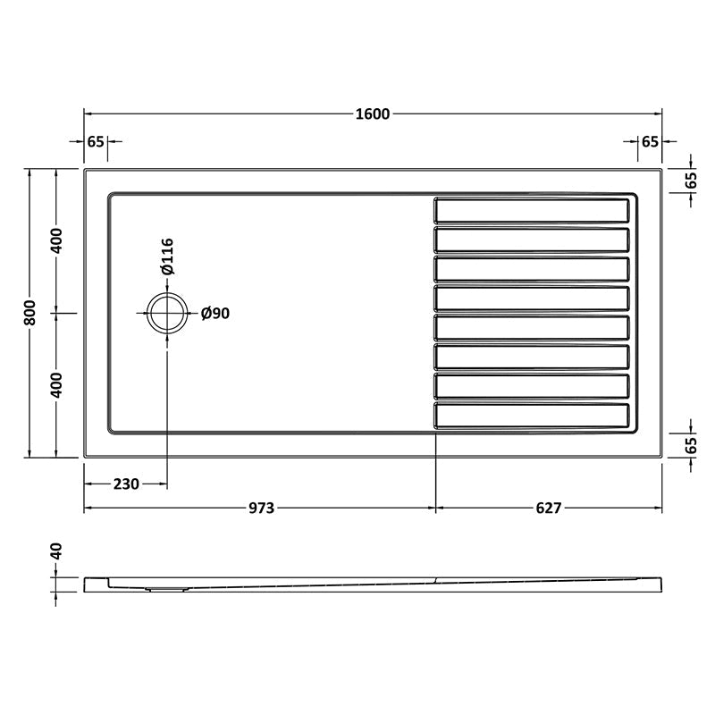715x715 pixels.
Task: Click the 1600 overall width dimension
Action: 372,114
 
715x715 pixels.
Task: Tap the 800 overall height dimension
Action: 30,312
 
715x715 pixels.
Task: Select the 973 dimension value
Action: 260,509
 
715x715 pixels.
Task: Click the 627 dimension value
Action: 548,509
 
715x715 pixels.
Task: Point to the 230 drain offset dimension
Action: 126,484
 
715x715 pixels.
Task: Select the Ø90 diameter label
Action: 215,313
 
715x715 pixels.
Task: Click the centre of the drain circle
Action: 167,313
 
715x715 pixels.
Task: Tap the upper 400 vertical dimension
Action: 56,240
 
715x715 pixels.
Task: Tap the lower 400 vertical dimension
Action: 56,385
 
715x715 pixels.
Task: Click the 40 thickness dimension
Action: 56,551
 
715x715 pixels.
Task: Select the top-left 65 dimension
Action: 97,141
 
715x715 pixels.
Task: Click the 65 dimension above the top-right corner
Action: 650,141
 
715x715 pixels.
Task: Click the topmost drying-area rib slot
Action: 533,211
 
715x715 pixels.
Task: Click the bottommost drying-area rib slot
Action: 533,416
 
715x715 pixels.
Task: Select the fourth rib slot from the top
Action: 533,299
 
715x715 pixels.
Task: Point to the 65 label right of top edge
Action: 690,179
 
